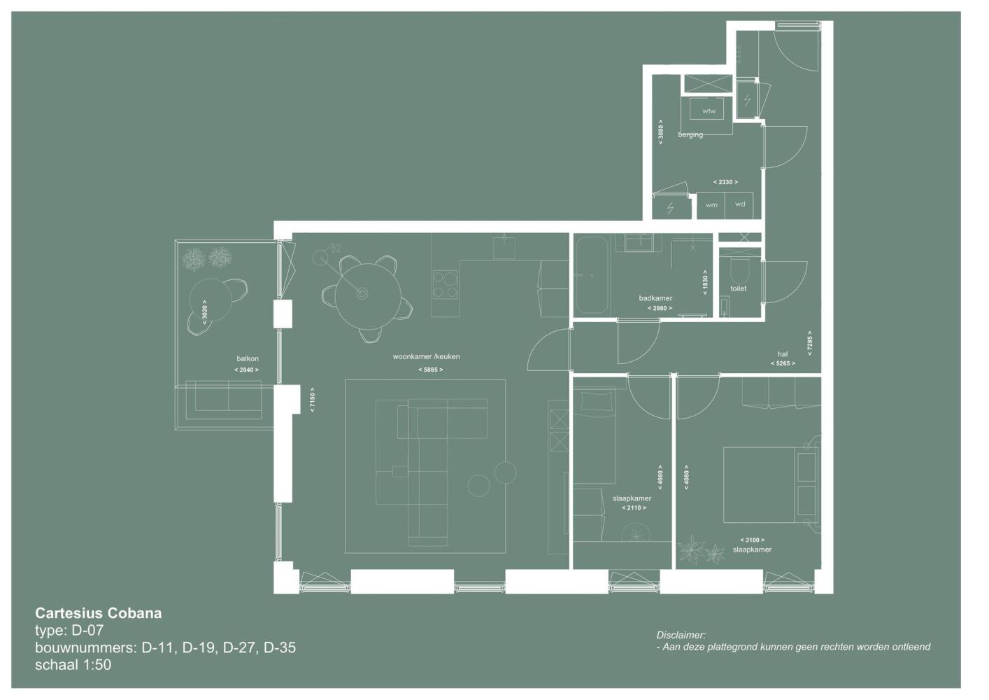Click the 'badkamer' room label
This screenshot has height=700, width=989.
[655, 298]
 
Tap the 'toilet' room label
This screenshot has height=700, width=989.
[738, 288]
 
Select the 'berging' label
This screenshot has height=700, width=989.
[690, 134]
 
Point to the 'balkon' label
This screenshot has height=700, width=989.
[248, 358]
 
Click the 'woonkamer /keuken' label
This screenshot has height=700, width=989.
[426, 356]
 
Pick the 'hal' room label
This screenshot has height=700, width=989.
[783, 354]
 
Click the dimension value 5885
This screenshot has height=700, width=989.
[430, 370]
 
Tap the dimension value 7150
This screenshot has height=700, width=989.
[313, 400]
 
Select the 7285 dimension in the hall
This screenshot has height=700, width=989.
[809, 343]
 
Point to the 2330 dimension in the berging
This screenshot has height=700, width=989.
[725, 182]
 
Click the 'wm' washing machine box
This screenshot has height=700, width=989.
[711, 206]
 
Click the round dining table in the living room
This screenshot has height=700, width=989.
[368, 296]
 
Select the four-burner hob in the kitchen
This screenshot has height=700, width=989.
[445, 285]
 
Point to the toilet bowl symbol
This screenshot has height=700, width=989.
[740, 270]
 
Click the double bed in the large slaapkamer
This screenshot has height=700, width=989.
[771, 485]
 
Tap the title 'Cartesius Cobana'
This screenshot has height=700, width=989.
[99, 613]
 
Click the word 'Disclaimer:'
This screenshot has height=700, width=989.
[681, 635]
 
